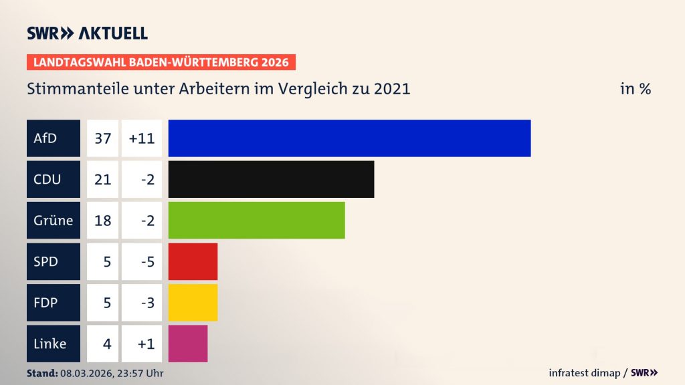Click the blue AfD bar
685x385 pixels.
pyautogui.click(x=349, y=138)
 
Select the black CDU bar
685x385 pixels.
pyautogui.click(x=271, y=179)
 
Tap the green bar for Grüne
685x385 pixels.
pyautogui.click(x=256, y=220)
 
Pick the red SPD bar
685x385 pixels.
pyautogui.click(x=193, y=261)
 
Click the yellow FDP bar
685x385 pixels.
pyautogui.click(x=193, y=302)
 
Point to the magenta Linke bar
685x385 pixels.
pyautogui.click(x=188, y=344)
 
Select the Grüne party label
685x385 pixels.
pyautogui.click(x=53, y=220)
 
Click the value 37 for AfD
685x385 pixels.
pyautogui.click(x=102, y=138)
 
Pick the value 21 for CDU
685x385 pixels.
pyautogui.click(x=102, y=179)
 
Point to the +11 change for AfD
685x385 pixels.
pyautogui.click(x=142, y=138)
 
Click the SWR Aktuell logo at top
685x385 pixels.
pyautogui.click(x=87, y=33)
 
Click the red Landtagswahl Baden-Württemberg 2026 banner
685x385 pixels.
pyautogui.click(x=161, y=62)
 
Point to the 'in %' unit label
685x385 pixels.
pyautogui.click(x=635, y=89)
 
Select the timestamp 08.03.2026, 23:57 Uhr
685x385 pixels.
pyautogui.click(x=110, y=373)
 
